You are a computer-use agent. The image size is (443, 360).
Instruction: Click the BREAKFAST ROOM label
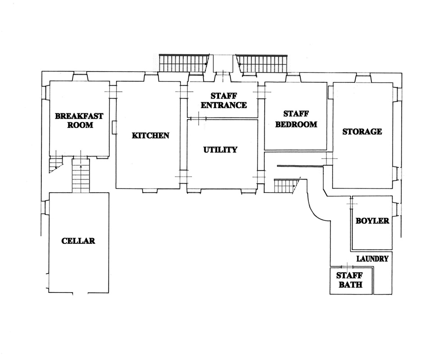point(79,120)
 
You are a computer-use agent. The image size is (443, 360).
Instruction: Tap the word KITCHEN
point(150,135)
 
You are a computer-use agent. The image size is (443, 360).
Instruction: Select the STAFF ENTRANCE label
point(224,100)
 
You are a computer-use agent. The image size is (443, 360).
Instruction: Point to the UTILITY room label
point(220,149)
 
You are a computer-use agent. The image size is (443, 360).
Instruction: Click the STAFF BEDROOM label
point(296,119)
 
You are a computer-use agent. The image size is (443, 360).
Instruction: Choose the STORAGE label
point(362,131)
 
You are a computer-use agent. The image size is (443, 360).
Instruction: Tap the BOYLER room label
point(372,221)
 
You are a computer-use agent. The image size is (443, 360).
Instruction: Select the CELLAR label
point(78,241)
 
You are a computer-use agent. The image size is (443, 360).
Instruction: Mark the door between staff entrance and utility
point(196,118)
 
